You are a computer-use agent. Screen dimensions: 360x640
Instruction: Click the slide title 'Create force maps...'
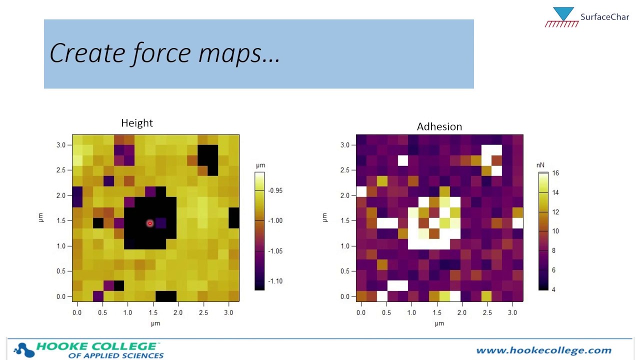tap(165, 53)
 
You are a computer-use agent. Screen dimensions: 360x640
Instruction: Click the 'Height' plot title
tap(137, 123)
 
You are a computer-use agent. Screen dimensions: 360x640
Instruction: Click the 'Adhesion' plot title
tap(439, 127)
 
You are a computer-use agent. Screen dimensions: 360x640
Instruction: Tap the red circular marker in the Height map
tap(149, 223)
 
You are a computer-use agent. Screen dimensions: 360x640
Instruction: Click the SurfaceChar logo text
tap(604, 17)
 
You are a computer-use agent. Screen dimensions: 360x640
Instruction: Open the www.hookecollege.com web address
tap(543, 350)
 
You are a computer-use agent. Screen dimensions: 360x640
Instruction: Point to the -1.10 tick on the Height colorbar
tap(275, 281)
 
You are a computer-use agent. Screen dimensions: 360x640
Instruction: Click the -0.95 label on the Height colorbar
tap(275, 190)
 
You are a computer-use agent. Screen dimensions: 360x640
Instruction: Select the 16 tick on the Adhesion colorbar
tap(555, 173)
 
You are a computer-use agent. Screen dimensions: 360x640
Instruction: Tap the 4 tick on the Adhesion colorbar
tap(553, 289)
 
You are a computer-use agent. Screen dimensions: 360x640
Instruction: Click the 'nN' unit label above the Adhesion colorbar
tap(540, 164)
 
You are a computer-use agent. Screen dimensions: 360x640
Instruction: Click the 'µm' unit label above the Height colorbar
tap(260, 165)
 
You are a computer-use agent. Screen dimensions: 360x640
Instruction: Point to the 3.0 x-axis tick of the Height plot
tap(229, 312)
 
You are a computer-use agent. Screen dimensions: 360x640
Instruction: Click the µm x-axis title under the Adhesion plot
tap(439, 323)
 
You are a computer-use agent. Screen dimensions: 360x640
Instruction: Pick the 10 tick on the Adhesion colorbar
tap(555, 231)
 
